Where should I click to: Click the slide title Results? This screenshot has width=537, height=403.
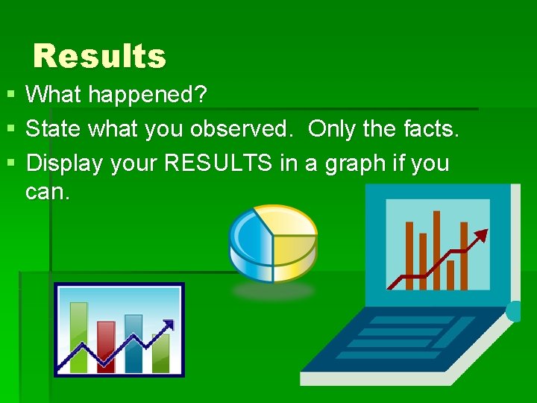click(99, 56)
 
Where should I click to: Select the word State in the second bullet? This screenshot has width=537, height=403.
click(54, 129)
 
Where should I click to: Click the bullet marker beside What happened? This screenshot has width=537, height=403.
click(10, 96)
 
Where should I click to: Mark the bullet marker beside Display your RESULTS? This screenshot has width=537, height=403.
click(10, 163)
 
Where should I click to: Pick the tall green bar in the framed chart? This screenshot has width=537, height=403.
click(78, 336)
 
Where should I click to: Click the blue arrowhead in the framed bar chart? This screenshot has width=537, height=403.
click(169, 325)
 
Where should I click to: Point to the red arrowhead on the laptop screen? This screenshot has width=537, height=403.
click(481, 236)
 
